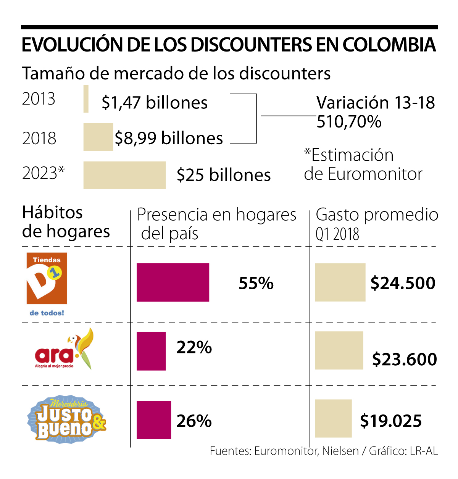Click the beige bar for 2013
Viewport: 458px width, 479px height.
click(86, 99)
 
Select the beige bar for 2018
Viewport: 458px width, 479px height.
click(98, 137)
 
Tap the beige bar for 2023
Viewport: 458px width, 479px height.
click(124, 175)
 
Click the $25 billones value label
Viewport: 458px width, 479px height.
click(224, 175)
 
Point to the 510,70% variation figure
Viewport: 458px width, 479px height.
click(349, 122)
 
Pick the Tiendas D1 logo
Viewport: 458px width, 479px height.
click(47, 284)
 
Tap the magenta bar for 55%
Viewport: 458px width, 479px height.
click(173, 282)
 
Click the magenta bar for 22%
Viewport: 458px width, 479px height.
click(151, 351)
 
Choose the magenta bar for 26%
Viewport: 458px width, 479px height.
click(154, 420)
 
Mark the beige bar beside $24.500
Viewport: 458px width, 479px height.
click(340, 282)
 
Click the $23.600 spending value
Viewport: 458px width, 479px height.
click(405, 359)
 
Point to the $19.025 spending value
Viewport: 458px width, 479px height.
click(391, 421)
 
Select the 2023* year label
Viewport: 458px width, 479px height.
click(43, 173)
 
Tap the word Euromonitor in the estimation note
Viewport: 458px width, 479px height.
click(375, 174)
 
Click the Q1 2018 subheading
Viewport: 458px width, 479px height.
click(337, 234)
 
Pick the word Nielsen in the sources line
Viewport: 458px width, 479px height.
click(340, 451)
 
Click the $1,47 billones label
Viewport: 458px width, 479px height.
click(155, 103)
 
